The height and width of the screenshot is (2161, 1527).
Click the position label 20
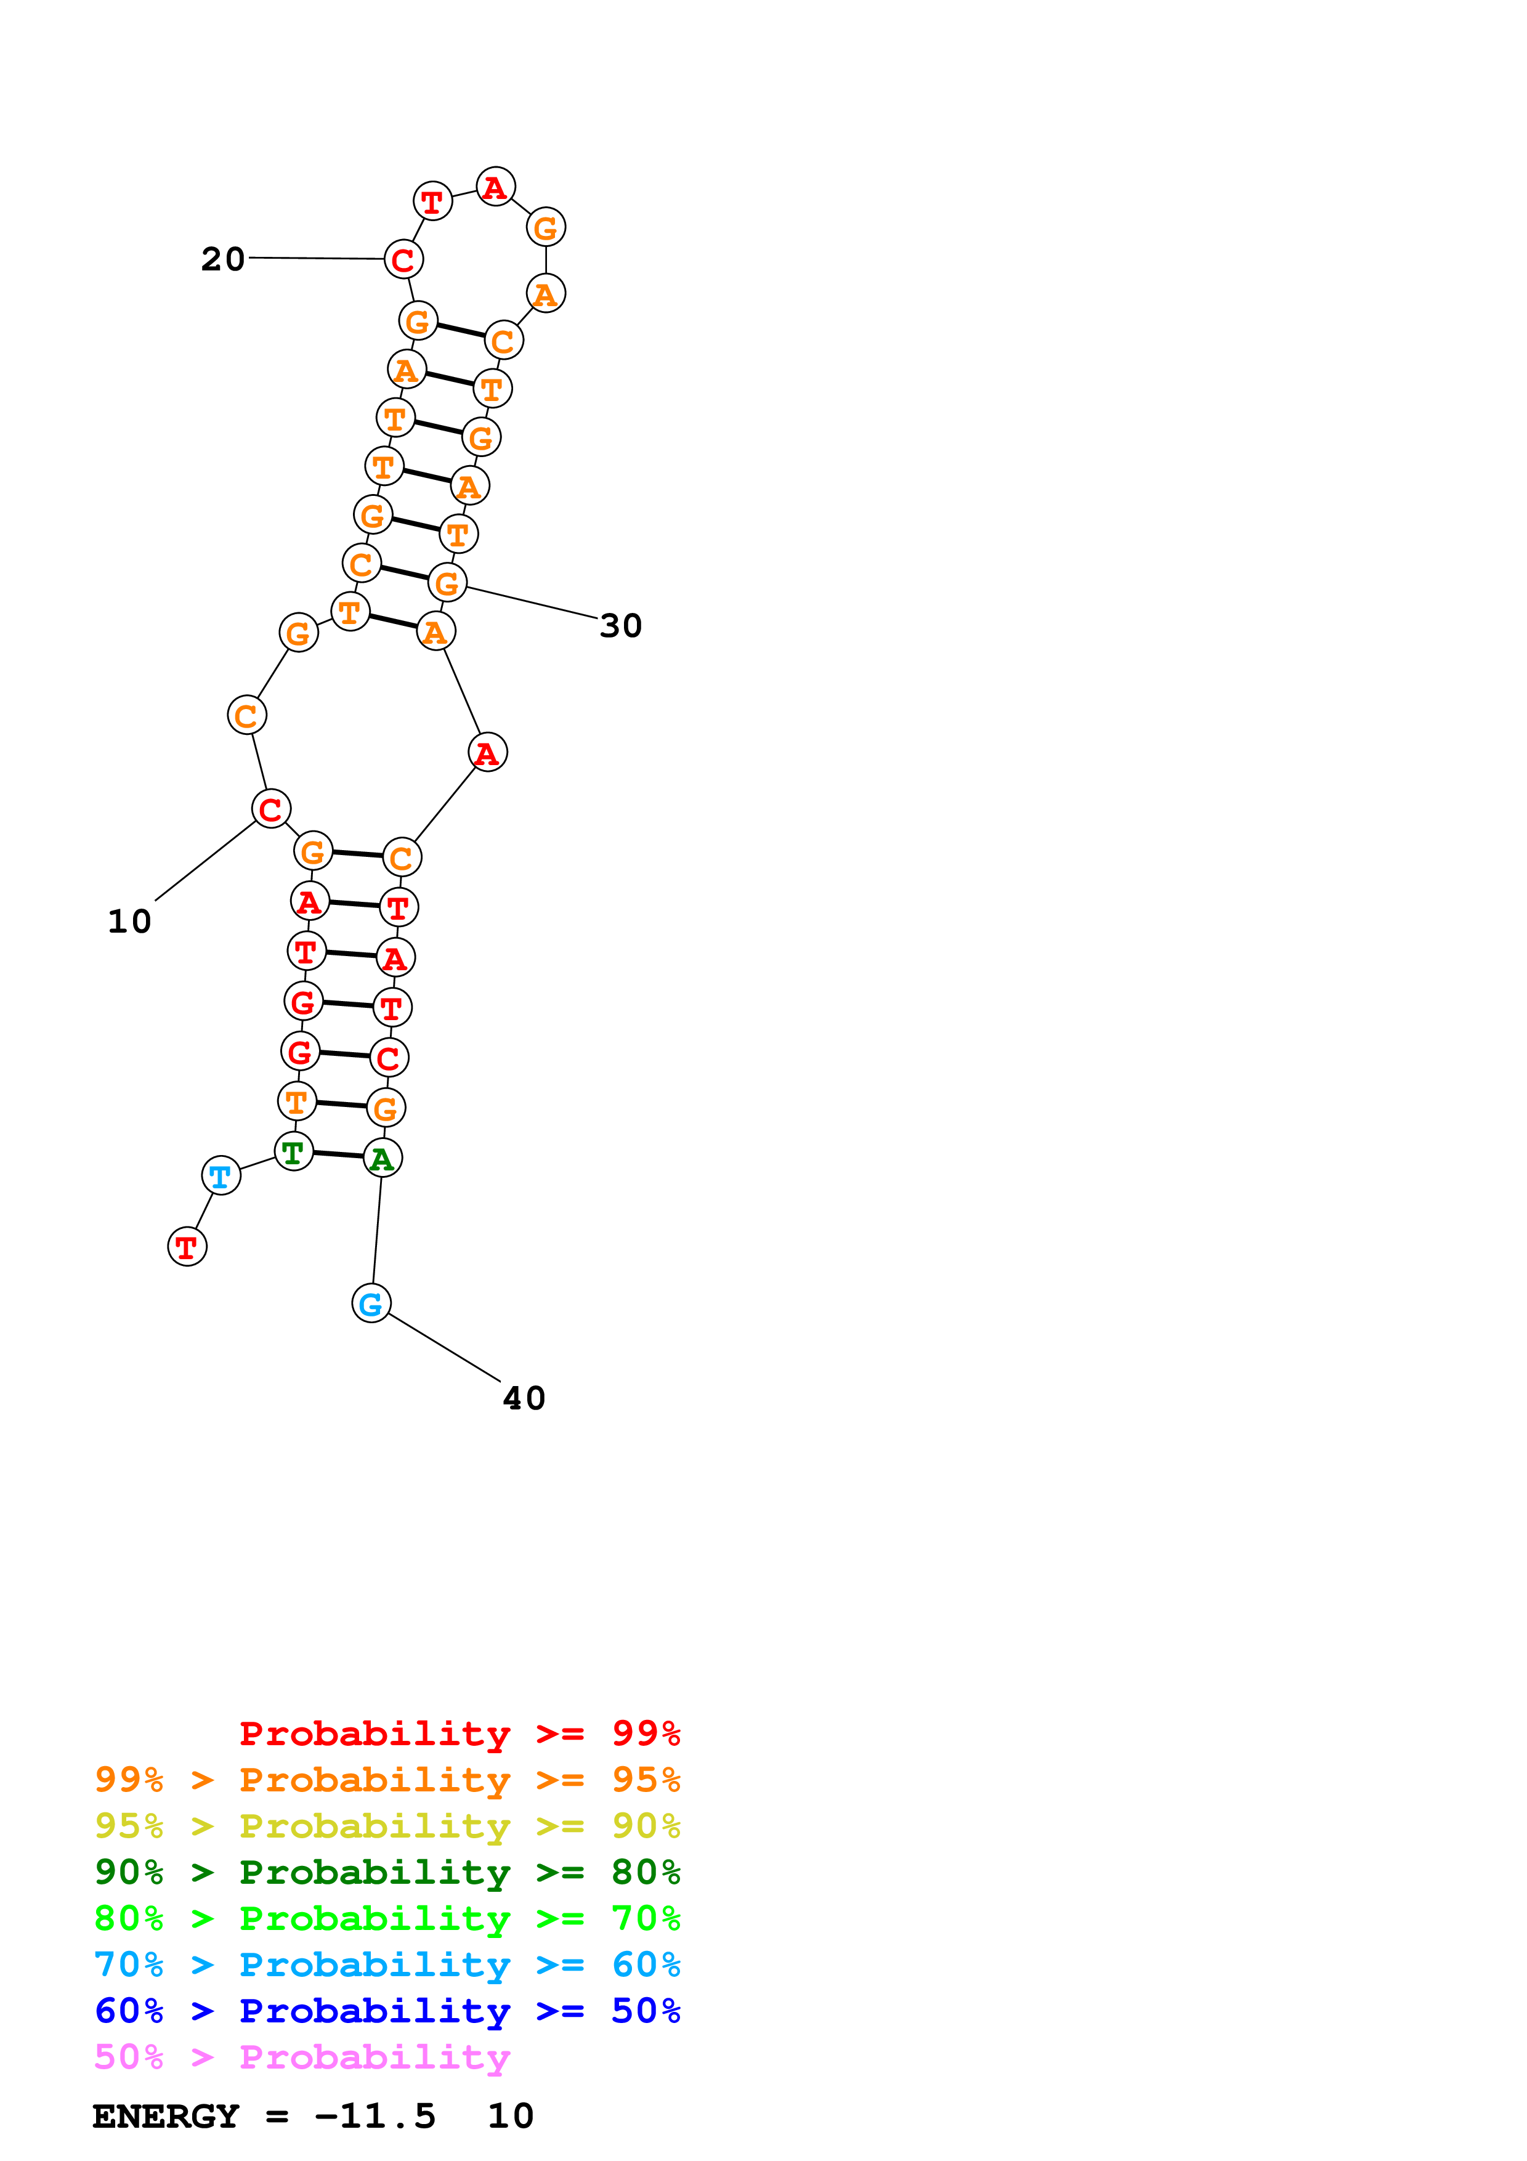pyautogui.click(x=223, y=259)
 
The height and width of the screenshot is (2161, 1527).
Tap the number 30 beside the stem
pyautogui.click(x=621, y=626)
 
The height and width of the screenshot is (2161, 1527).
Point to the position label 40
pyautogui.click(x=524, y=1398)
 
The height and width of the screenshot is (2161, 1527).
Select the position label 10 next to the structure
pyautogui.click(x=130, y=922)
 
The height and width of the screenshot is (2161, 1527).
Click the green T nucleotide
pyautogui.click(x=294, y=1151)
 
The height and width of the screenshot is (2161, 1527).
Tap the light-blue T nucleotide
pyautogui.click(x=221, y=1175)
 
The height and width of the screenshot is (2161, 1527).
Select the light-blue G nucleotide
pyautogui.click(x=371, y=1303)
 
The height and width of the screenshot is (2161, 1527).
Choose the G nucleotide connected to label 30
pyautogui.click(x=448, y=583)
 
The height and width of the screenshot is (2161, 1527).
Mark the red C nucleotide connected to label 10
pyautogui.click(x=271, y=808)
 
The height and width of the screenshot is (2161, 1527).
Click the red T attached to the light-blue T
pyautogui.click(x=187, y=1247)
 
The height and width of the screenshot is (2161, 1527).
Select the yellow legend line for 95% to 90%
pyautogui.click(x=387, y=1826)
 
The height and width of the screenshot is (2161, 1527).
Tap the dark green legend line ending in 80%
pyautogui.click(x=387, y=1872)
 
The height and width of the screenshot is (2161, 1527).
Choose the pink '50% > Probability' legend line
pyautogui.click(x=302, y=2058)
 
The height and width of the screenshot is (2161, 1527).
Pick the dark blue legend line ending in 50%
pyautogui.click(x=387, y=2011)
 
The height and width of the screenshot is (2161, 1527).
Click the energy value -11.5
pyautogui.click(x=375, y=2117)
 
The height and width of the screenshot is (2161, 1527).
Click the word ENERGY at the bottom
pyautogui.click(x=166, y=2117)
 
